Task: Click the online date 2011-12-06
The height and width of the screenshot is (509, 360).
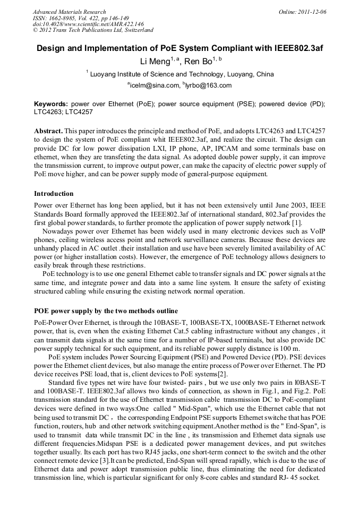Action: [312, 12]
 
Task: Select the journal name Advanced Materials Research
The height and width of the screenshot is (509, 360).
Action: [69, 12]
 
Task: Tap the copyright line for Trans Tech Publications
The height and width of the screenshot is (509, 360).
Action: [93, 30]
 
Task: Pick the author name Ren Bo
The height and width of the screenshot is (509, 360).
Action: [198, 62]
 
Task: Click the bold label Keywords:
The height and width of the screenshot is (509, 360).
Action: [51, 105]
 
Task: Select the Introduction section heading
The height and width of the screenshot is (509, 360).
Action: [54, 194]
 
